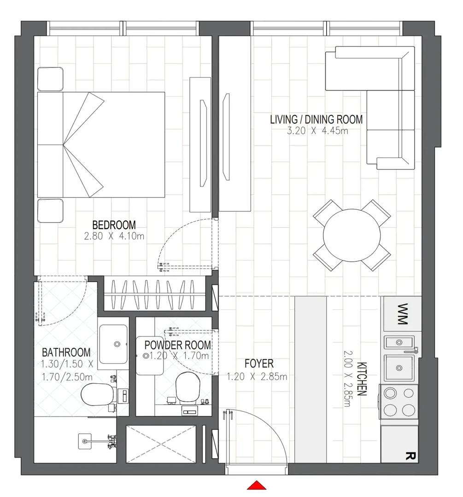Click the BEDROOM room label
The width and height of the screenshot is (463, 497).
[x=114, y=225]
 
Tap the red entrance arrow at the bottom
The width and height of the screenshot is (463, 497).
[x=257, y=485]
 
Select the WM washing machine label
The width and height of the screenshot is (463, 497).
[x=402, y=314]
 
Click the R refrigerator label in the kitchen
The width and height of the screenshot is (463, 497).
[x=410, y=456]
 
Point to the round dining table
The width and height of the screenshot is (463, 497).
[x=352, y=235]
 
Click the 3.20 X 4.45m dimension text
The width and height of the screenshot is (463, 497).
[x=317, y=131]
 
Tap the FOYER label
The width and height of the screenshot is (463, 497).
[x=259, y=364]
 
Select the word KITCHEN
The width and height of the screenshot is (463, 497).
[x=362, y=379]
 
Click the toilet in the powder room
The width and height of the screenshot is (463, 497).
[x=188, y=387]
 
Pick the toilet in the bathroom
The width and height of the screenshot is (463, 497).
[x=97, y=394]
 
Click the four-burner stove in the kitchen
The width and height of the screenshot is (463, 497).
[x=399, y=402]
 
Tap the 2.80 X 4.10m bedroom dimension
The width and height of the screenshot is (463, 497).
[x=114, y=236]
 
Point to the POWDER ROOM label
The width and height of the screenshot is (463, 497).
[x=177, y=345]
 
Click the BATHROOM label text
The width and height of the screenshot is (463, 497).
[x=66, y=353]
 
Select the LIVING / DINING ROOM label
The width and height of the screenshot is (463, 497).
[x=316, y=120]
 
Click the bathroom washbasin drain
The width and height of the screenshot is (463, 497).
[x=117, y=344]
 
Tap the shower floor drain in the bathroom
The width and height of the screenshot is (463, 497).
[x=84, y=441]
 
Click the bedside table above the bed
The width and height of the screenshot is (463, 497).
[x=50, y=79]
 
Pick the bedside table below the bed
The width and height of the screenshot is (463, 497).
[x=50, y=210]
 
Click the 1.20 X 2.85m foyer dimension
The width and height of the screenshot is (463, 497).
[x=257, y=376]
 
